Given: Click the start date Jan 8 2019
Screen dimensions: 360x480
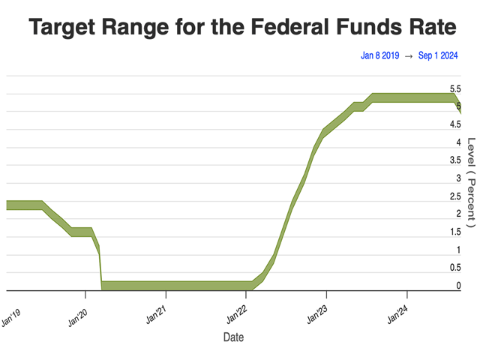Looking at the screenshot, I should pyautogui.click(x=379, y=55).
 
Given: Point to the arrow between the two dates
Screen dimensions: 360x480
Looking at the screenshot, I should pyautogui.click(x=409, y=55).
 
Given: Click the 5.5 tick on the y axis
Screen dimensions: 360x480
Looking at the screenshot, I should pyautogui.click(x=455, y=89).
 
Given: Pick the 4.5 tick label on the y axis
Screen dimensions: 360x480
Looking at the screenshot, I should pyautogui.click(x=455, y=125).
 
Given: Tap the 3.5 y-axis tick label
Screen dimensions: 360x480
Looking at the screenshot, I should pyautogui.click(x=455, y=160).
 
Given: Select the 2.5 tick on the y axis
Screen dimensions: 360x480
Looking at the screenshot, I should pyautogui.click(x=455, y=196).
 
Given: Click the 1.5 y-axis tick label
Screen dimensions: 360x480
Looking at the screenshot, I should pyautogui.click(x=455, y=232).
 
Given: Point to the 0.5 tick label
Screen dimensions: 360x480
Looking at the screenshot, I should pyautogui.click(x=455, y=268).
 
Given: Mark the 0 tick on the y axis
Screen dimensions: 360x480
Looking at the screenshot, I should pyautogui.click(x=457, y=286).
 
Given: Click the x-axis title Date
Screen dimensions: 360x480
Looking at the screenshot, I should pyautogui.click(x=233, y=337).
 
